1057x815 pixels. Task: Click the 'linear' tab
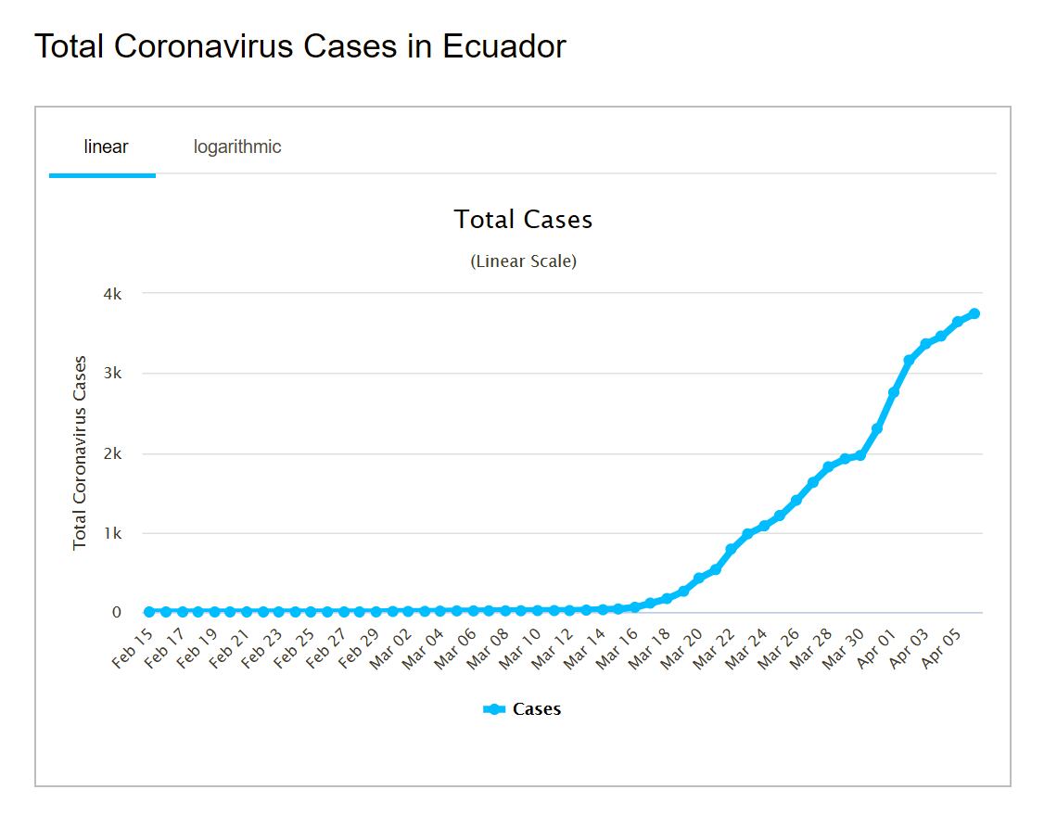pos(106,146)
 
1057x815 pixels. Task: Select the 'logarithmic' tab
pos(237,146)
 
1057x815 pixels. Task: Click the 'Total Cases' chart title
pos(523,220)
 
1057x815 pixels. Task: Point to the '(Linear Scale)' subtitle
pos(523,261)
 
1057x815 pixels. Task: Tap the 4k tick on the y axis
pos(112,294)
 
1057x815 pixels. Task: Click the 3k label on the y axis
pos(112,374)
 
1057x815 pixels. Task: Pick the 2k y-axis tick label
pos(112,454)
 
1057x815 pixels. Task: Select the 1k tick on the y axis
pos(112,534)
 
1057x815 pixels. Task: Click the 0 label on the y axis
pos(117,613)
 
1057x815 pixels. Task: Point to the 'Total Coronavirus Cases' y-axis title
pos(80,452)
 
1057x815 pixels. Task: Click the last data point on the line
pos(974,313)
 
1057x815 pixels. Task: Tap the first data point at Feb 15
pos(149,612)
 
